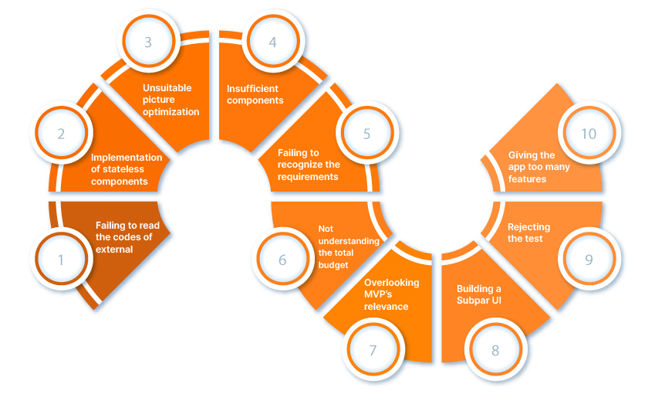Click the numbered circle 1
61,260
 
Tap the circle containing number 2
61,133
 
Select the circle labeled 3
148,42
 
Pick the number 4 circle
272,42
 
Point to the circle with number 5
366,133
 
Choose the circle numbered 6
282,260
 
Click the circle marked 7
373,350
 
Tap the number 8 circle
495,350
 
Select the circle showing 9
589,260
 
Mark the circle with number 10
589,133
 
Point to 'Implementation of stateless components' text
127,169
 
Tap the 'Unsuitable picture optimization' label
171,100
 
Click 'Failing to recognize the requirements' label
309,165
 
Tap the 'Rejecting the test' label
528,233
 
